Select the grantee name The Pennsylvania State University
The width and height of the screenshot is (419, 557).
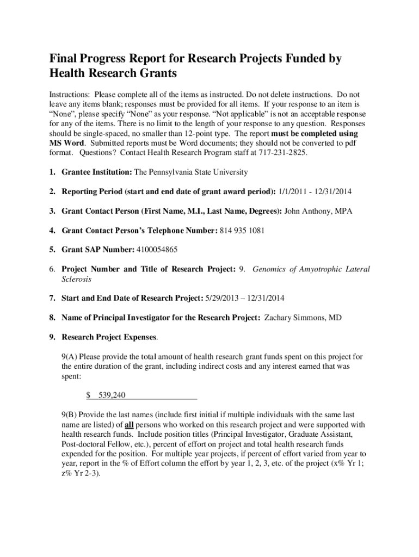coord(191,172)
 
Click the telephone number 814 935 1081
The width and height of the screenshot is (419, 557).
coord(242,230)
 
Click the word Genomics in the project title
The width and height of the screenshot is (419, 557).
coord(270,269)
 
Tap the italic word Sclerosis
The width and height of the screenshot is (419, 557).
coord(76,279)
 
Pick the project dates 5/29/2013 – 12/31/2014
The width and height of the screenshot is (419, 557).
coord(244,298)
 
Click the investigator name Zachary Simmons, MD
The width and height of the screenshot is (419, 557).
coord(303,318)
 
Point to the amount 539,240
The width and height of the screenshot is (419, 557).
coord(108,395)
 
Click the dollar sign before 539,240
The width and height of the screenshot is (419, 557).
coord(89,395)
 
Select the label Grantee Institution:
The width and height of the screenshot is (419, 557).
coord(97,172)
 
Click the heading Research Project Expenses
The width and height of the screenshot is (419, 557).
coord(109,337)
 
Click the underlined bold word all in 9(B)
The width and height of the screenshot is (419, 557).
coord(129,424)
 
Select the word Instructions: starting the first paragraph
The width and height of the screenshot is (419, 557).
coord(69,94)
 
